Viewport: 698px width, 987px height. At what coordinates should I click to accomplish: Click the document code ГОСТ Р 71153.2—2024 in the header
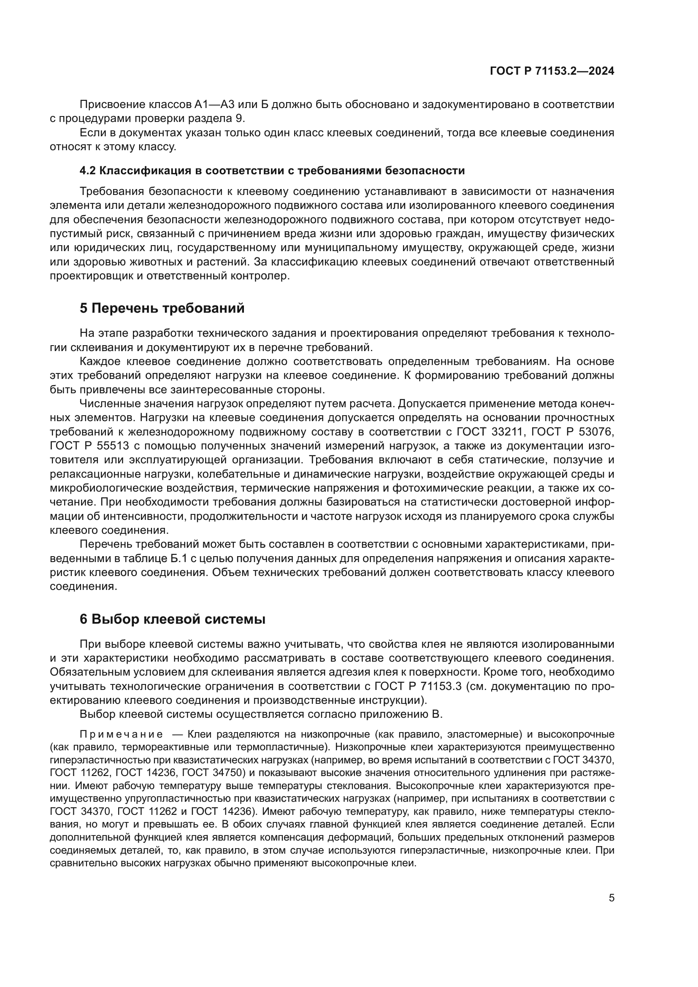pyautogui.click(x=552, y=71)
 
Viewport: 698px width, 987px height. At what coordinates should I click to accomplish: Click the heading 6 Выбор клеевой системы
pyautogui.click(x=172, y=619)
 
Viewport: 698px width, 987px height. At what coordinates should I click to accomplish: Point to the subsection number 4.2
pyautogui.click(x=88, y=170)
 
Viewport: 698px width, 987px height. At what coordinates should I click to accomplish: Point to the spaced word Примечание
pyautogui.click(x=121, y=734)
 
